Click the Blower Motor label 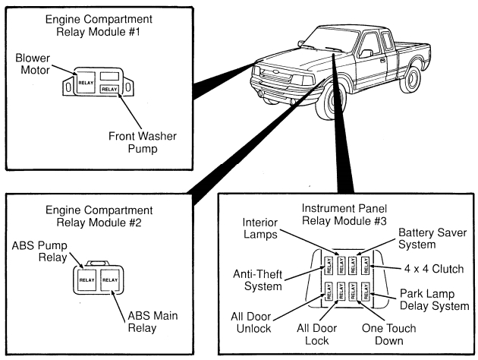pyautogui.click(x=33, y=64)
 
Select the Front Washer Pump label pyautogui.click(x=143, y=142)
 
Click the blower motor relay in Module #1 pyautogui.click(x=86, y=82)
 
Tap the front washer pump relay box pyautogui.click(x=109, y=89)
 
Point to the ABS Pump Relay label pyautogui.click(x=39, y=251)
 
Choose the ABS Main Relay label pyautogui.click(x=153, y=321)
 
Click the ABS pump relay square pyautogui.click(x=87, y=279)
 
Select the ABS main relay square pyautogui.click(x=110, y=279)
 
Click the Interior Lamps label pyautogui.click(x=260, y=229)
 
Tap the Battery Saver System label pyautogui.click(x=432, y=238)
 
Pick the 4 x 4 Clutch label pyautogui.click(x=434, y=269)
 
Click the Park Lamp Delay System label pyautogui.click(x=435, y=299)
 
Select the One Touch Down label pyautogui.click(x=389, y=334)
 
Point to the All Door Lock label pyautogui.click(x=316, y=334)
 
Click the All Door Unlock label pyautogui.click(x=251, y=323)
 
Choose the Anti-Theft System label pyautogui.click(x=258, y=280)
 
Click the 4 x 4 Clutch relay pyautogui.click(x=365, y=265)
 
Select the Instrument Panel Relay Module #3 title pyautogui.click(x=344, y=214)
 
